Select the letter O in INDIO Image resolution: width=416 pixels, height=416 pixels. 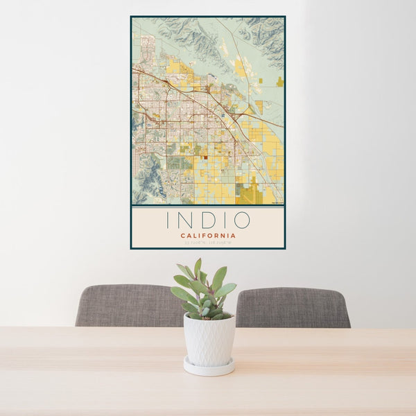click(241, 220)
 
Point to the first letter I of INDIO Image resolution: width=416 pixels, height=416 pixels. click(168, 220)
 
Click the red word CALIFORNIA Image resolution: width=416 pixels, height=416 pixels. click(207, 235)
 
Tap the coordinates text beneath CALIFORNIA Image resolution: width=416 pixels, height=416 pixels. click(207, 242)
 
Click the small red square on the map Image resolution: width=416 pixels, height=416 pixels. click(205, 157)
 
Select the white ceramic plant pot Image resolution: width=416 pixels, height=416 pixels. click(209, 339)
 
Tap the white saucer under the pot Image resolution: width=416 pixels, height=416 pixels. click(209, 367)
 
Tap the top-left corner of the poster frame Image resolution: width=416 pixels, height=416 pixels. click(131, 17)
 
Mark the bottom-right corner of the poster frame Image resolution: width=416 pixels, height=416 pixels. click(285, 248)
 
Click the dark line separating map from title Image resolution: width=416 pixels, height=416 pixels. click(207, 206)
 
